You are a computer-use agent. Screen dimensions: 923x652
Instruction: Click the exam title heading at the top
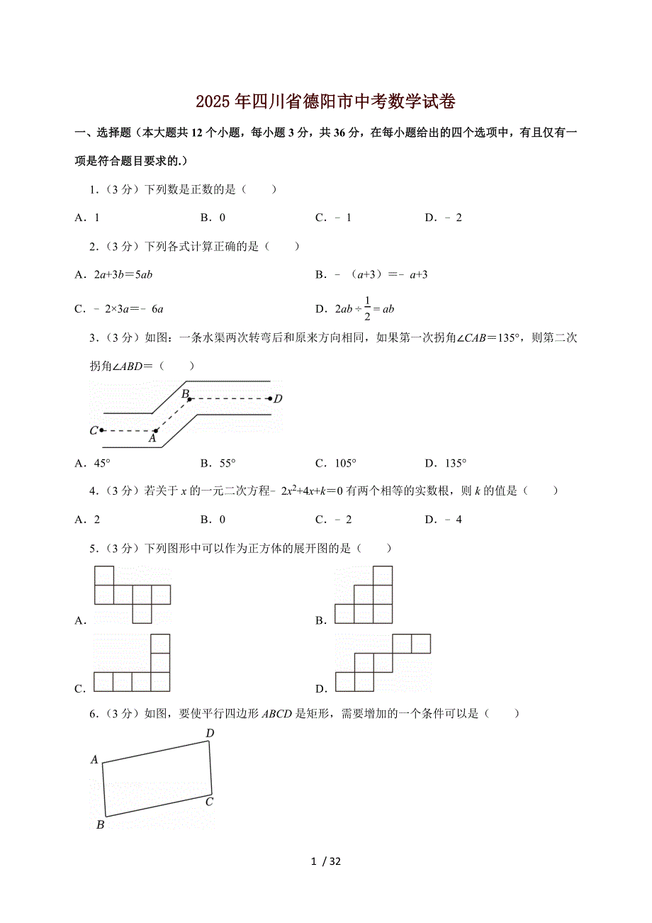tap(325, 102)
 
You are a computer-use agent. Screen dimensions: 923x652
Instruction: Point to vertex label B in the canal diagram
tap(184, 393)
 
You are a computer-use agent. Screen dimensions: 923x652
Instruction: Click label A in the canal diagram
tap(152, 439)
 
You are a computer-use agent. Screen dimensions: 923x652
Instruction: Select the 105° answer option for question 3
tap(335, 464)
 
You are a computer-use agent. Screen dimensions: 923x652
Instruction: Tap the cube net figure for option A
tap(132, 594)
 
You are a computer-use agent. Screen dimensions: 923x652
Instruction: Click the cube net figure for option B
tap(364, 594)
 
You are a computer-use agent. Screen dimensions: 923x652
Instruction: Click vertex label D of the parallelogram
tap(210, 732)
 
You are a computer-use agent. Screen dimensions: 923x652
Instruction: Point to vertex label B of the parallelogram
tap(100, 824)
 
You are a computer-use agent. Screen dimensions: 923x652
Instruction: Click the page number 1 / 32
tap(326, 861)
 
